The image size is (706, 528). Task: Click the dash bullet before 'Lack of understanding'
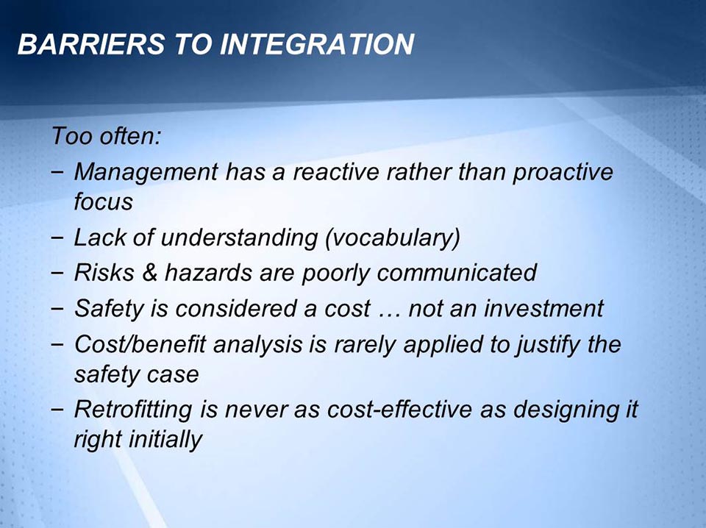[x=57, y=238]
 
